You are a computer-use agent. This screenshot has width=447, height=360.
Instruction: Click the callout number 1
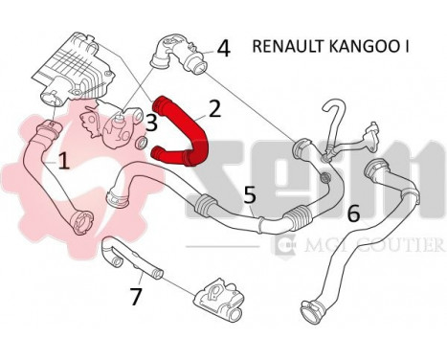coord(64,162)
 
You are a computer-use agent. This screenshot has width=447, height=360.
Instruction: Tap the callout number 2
coord(214,108)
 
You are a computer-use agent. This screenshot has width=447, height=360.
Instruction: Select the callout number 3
coord(151,122)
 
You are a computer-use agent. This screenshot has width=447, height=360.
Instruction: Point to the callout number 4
coord(224,47)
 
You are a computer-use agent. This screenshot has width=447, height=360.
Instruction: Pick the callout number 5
coord(249,194)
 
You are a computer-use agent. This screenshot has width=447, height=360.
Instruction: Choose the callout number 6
coord(353,214)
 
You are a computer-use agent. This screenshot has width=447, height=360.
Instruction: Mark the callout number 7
coord(136,296)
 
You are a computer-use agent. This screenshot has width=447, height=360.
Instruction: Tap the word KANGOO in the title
coord(368,46)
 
